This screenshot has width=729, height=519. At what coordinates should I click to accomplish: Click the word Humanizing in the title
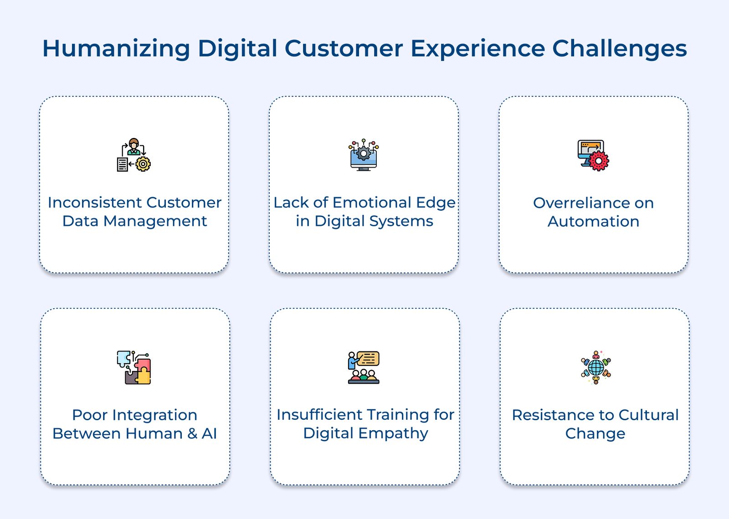click(x=116, y=49)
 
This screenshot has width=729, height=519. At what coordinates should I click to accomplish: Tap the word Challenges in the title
click(x=620, y=49)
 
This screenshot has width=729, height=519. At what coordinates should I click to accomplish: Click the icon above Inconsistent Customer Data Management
click(x=133, y=155)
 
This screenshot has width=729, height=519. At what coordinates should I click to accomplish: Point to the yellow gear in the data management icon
click(x=143, y=164)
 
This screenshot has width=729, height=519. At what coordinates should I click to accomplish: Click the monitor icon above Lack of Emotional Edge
click(x=364, y=155)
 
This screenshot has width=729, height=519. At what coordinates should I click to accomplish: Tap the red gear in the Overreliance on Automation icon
click(x=599, y=161)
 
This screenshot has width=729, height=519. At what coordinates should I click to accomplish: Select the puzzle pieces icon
click(x=133, y=367)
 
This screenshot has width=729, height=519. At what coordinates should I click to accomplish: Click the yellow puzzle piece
click(x=143, y=376)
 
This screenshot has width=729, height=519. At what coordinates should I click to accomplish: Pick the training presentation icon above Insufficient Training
click(x=364, y=367)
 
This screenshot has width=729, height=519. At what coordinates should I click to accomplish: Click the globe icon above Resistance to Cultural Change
click(x=596, y=367)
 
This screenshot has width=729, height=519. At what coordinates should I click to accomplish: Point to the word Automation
click(x=593, y=222)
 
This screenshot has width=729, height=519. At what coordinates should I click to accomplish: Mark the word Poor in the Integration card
click(x=89, y=415)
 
